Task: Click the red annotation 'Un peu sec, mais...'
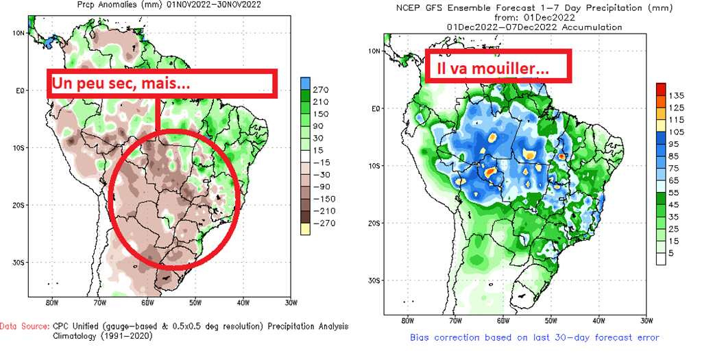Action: pyautogui.click(x=119, y=84)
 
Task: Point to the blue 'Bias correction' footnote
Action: pyautogui.click(x=534, y=337)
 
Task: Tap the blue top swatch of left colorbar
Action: pyautogui.click(x=306, y=83)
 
